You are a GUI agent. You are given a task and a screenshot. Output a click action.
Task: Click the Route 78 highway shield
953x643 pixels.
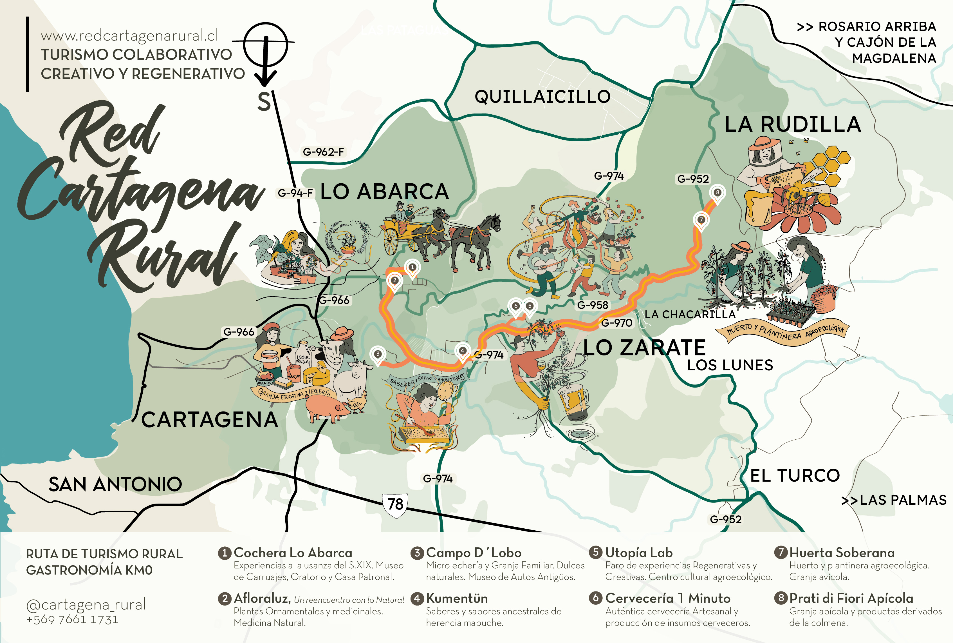click(x=395, y=505)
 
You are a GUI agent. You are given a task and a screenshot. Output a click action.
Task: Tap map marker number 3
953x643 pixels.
click(x=378, y=354)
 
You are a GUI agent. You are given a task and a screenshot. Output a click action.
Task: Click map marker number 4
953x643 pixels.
click(x=463, y=351)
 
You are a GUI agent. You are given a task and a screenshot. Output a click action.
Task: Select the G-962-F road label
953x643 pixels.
click(x=323, y=152)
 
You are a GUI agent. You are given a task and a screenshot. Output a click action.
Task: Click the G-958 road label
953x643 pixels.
click(x=593, y=305)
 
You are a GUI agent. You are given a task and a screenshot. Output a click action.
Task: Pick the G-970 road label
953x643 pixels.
click(x=617, y=323)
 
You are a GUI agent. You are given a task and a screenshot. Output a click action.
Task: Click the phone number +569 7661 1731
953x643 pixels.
click(x=73, y=619)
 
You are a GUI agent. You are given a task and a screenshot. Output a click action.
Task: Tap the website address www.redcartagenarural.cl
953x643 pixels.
click(x=129, y=36)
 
